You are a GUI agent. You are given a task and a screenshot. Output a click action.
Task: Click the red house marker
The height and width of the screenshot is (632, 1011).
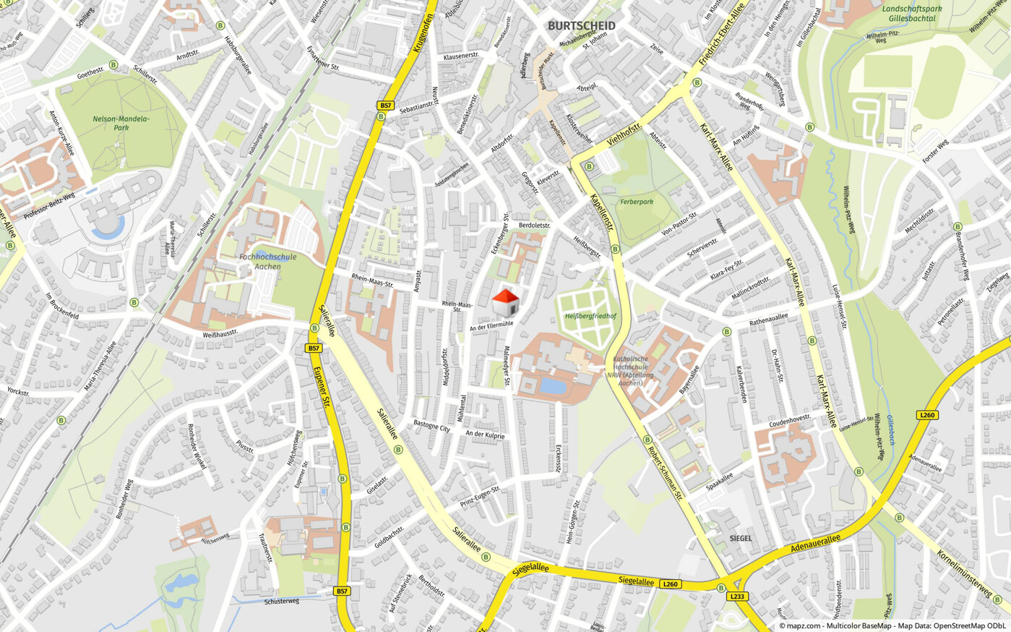click(x=505, y=302)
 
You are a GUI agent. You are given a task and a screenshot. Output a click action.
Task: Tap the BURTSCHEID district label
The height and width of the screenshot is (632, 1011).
click(x=582, y=26)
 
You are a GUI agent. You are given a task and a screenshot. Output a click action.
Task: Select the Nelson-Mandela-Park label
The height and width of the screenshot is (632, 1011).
click(x=121, y=123)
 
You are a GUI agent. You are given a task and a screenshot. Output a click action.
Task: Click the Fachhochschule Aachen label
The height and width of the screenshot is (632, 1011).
click(x=267, y=261)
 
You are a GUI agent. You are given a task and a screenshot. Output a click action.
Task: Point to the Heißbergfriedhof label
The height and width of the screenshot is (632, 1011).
click(x=590, y=316)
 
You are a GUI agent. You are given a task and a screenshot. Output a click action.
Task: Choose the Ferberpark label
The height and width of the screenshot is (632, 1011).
click(x=637, y=202)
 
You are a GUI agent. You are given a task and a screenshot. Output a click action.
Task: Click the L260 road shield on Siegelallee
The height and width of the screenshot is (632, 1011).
click(x=671, y=584)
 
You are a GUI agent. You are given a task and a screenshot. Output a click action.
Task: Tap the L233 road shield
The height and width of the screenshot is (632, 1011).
click(x=737, y=597)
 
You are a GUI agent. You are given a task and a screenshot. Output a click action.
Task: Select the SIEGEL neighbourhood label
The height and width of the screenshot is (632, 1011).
click(x=741, y=538)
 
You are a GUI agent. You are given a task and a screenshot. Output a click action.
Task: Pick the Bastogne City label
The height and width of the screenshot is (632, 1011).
click(x=431, y=426)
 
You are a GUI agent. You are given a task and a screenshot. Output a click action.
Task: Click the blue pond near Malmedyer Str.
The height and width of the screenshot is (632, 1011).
click(x=554, y=386)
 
